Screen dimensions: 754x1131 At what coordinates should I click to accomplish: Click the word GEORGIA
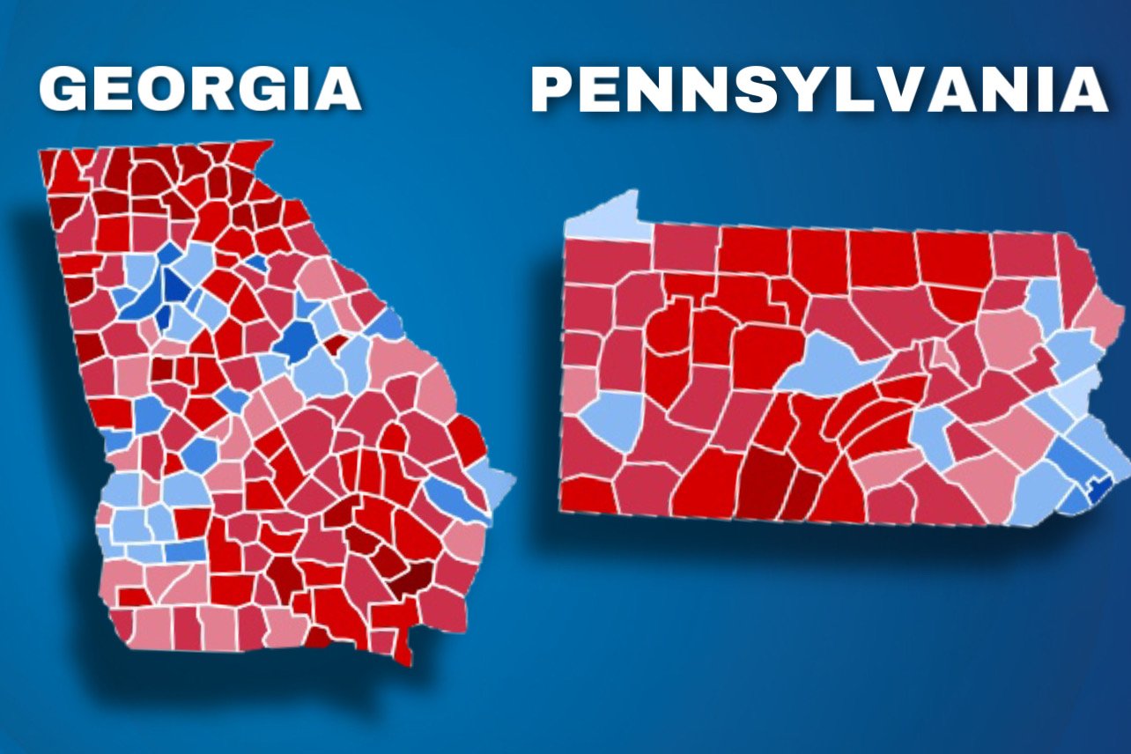click(200, 90)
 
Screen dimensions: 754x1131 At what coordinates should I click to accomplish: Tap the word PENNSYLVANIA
click(818, 90)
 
